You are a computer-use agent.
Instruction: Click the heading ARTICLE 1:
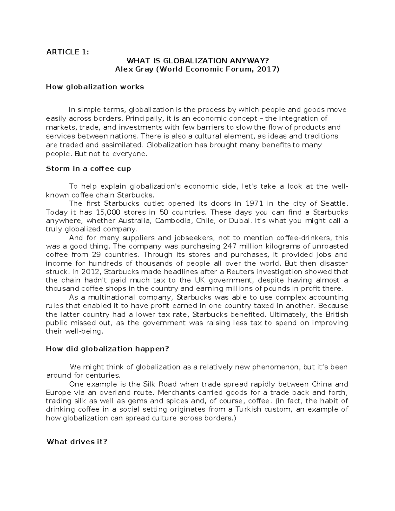point(67,52)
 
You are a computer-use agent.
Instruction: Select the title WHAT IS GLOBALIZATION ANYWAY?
point(197,61)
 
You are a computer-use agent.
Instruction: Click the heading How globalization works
point(95,87)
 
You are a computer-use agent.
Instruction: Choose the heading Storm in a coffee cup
point(88,169)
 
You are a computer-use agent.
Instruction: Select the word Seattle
point(334,203)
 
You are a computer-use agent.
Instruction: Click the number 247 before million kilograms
point(230,246)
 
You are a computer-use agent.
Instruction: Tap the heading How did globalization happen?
point(107,349)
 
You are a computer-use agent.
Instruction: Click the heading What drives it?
point(77,442)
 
